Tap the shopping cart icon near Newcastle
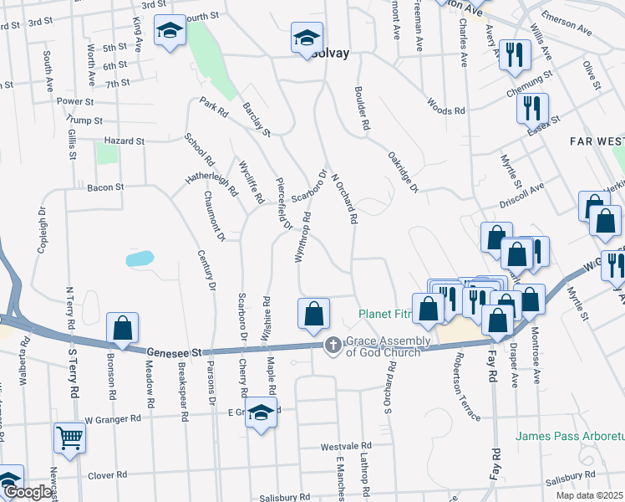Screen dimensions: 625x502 point(69,437)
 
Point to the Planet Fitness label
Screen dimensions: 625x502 point(386,315)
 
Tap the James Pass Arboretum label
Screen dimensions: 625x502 point(569,436)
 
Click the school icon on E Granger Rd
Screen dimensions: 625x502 point(262,412)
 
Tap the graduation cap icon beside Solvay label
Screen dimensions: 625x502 point(307,38)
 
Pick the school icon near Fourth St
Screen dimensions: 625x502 point(170,32)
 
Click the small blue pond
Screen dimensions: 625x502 point(140,259)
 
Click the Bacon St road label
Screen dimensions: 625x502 point(105,187)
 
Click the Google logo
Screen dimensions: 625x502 point(28,492)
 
